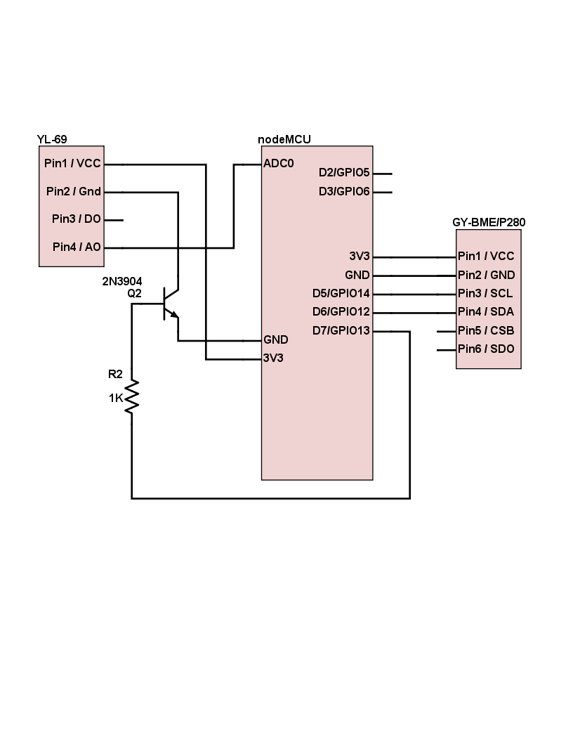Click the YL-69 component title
coord(52,139)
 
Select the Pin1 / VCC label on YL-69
coord(72,164)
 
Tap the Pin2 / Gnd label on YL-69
coord(73,191)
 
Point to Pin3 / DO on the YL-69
coord(76,219)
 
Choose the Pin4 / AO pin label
coord(76,247)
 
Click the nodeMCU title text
coord(284,139)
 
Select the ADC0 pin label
coord(278,164)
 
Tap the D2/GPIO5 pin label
coord(344,173)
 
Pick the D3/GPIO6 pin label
coord(344,191)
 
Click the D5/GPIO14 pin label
coord(341,293)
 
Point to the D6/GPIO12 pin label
coord(341,311)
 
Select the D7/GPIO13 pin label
coord(341,330)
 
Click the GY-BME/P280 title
coord(489,222)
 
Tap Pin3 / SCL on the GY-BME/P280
coord(485,293)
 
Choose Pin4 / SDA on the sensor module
coord(485,311)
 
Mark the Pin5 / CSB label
coord(485,330)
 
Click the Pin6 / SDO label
coord(485,349)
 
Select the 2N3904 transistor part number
coord(122,282)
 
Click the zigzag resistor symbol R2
coord(132,397)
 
